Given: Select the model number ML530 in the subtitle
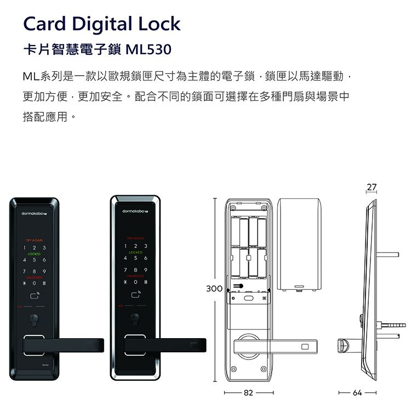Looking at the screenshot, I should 149,50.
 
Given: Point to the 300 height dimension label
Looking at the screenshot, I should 214,288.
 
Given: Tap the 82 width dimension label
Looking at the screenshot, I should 248,393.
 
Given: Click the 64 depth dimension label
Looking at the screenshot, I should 357,393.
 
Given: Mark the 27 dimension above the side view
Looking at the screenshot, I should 372,187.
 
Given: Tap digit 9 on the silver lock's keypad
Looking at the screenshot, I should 145,271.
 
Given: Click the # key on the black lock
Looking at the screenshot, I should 44,283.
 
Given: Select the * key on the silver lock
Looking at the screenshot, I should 125,283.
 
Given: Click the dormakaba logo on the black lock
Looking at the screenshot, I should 35,211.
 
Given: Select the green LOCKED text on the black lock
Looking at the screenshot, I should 35,254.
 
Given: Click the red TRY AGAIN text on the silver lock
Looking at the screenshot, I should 135,239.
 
